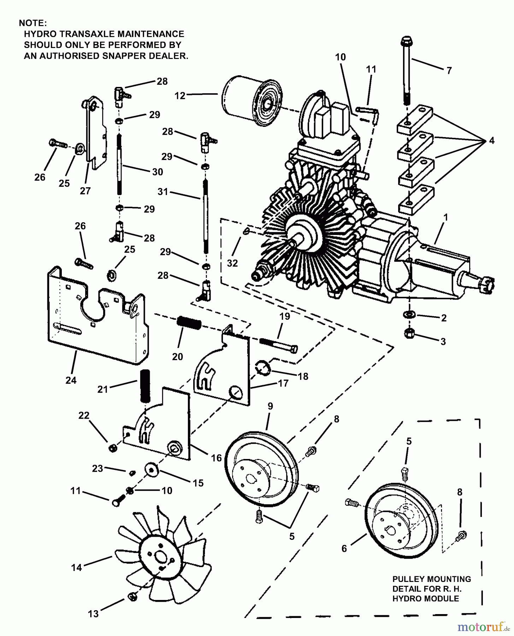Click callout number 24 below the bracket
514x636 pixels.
(x=71, y=380)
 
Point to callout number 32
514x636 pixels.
(x=232, y=263)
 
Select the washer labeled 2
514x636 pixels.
(x=409, y=314)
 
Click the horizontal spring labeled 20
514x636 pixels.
(x=189, y=322)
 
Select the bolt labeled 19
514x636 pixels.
(x=279, y=344)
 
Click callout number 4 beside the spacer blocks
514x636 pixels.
(x=492, y=141)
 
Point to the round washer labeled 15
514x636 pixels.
(x=152, y=470)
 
